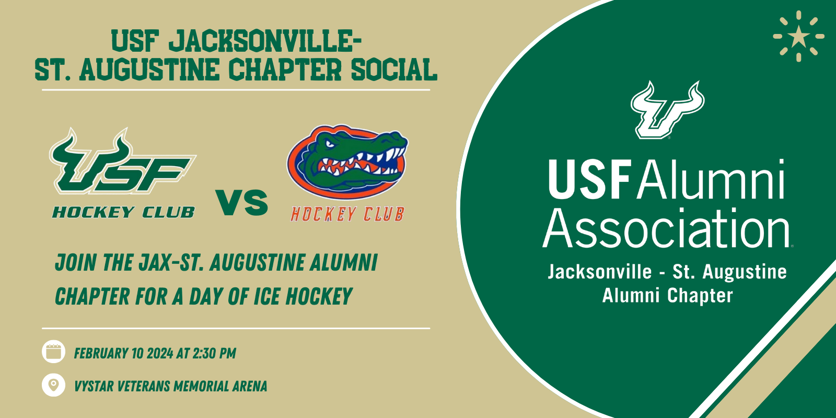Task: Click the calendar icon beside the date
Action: coord(53,352)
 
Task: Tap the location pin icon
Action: coord(53,385)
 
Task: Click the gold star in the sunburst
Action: coord(799,37)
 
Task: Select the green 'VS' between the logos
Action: coord(242,202)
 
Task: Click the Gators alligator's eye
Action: coord(330,144)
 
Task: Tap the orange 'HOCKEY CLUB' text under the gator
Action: coord(347,214)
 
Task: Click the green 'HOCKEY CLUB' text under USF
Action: coord(123,212)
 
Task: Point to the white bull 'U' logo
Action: coord(668,110)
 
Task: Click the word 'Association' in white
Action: coord(666,228)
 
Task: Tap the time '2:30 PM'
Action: coord(214,353)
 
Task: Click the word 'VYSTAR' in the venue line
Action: coord(94,386)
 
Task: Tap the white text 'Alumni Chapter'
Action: coord(668,296)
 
